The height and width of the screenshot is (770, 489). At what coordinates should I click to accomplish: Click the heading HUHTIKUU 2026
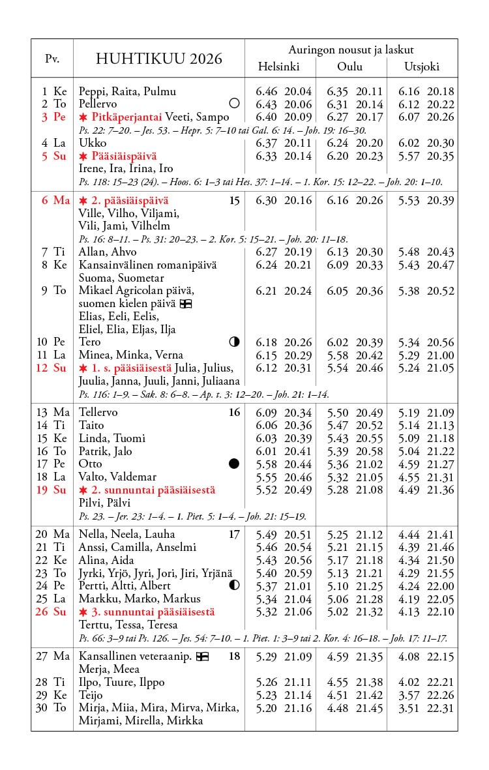[x=158, y=59]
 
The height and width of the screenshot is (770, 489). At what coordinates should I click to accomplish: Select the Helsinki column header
[x=278, y=67]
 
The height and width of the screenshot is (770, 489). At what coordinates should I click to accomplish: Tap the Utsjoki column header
[x=422, y=67]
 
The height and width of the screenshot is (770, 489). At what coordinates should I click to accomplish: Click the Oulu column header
[x=349, y=67]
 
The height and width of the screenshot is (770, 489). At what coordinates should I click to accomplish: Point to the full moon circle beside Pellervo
[x=235, y=104]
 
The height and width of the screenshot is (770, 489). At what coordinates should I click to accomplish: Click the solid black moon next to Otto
[x=235, y=464]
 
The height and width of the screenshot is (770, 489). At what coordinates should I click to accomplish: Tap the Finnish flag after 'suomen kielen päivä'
[x=185, y=304]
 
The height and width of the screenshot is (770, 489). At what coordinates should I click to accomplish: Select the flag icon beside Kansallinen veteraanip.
[x=202, y=657]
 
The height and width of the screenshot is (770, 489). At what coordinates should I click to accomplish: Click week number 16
[x=234, y=412]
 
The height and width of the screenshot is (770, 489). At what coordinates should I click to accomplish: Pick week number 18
[x=234, y=657]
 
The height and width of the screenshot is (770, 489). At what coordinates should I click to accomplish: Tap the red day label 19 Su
[x=52, y=490]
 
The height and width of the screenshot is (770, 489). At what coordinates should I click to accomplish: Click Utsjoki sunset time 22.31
[x=440, y=708]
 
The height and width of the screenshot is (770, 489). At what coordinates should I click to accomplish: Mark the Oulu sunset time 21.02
[x=370, y=464]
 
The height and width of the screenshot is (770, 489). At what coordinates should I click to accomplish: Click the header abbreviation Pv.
[x=52, y=59]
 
